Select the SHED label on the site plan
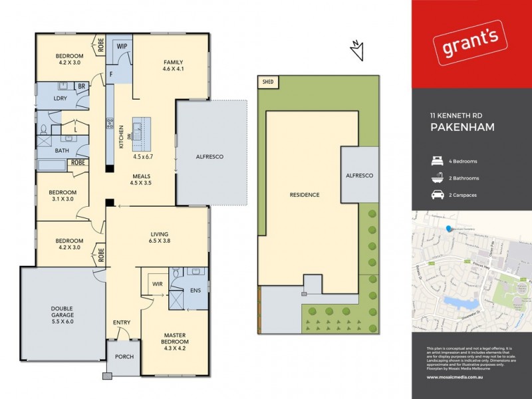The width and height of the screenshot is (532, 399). pos(269,82)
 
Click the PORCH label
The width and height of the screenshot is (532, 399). pos(124,356)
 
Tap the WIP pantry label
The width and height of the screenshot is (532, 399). pos(122,46)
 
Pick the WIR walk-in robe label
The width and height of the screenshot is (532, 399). pos(158,284)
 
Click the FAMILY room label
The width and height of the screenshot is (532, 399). pos(173,64)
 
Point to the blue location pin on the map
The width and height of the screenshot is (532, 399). pos(450,229)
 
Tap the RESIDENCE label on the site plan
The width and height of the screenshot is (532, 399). pos(305,195)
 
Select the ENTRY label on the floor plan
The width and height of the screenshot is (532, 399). pos(122,323)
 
